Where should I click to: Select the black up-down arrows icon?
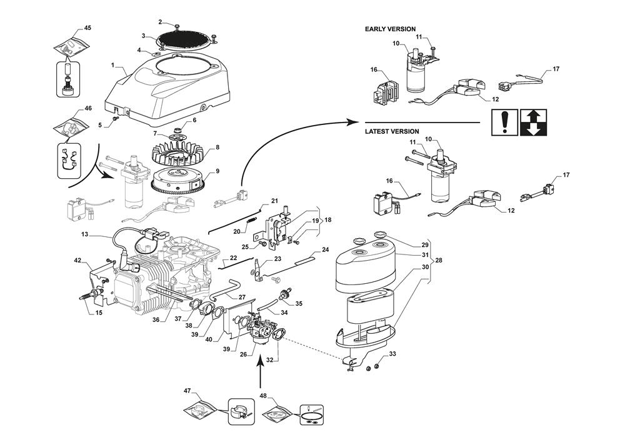[x=533, y=123]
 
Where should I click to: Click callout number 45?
[x=87, y=28]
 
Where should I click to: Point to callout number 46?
[x=88, y=108]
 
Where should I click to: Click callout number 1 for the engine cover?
[x=112, y=65]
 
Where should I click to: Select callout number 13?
[x=84, y=235]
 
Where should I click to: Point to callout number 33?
[x=392, y=354]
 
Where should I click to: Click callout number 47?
[x=187, y=391]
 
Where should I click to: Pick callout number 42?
[x=78, y=259]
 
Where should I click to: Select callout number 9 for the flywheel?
[x=217, y=171]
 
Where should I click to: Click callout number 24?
[x=325, y=249]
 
